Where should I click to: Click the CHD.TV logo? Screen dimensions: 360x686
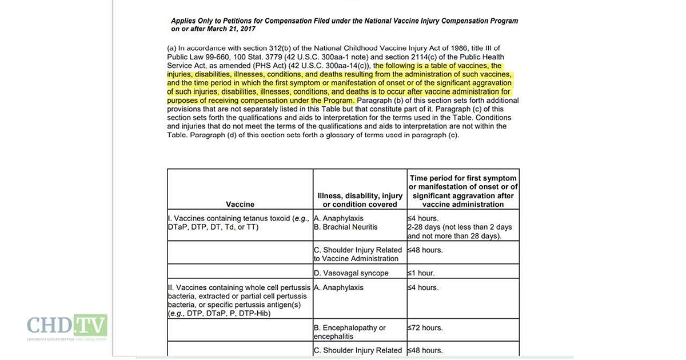click(66, 326)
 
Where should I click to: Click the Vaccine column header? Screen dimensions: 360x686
click(240, 204)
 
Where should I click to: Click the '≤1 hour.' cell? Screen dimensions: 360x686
click(426, 273)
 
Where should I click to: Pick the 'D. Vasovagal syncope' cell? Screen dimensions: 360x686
click(351, 273)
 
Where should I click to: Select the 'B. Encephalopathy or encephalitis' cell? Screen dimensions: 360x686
click(350, 332)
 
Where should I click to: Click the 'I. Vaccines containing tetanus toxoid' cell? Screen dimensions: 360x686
click(239, 223)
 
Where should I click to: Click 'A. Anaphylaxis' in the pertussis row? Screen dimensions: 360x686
click(340, 288)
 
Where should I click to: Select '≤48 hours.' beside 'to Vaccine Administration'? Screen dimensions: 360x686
click(426, 250)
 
